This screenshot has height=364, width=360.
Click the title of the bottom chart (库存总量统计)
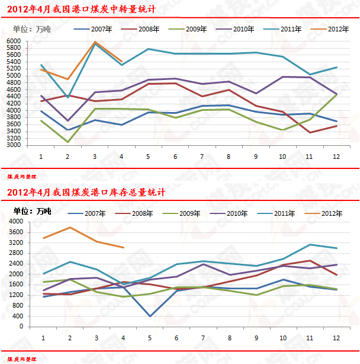[86, 192]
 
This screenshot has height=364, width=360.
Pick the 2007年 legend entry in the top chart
[92, 28]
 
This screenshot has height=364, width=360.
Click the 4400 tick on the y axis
[14, 97]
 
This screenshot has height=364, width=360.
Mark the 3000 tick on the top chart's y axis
[14, 145]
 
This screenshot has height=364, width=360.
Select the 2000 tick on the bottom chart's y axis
[14, 274]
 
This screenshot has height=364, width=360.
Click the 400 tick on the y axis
[17, 316]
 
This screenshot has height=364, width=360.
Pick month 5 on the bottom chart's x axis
[149, 337]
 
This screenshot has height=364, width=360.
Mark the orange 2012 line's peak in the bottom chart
[69, 228]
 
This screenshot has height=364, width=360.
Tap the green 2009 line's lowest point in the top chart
[67, 142]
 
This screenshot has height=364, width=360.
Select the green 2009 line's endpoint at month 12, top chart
[337, 94]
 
